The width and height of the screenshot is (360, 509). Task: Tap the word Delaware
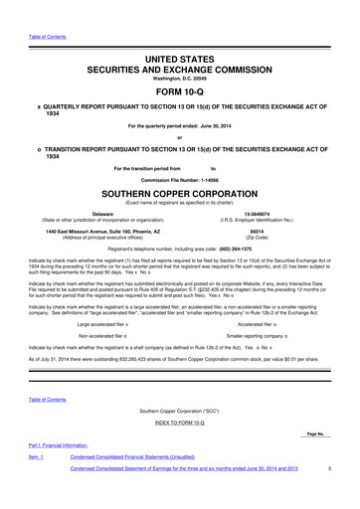[101, 213]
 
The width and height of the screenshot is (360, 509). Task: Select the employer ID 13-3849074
[256, 213]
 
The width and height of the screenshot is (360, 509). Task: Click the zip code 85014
[256, 232]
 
